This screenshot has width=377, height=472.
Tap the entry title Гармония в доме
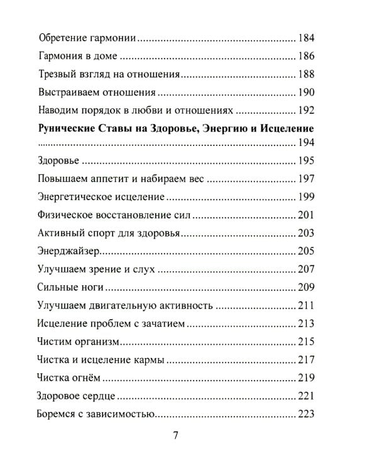(x=78, y=56)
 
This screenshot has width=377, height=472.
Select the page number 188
(x=305, y=74)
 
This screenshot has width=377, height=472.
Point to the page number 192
(x=305, y=111)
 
